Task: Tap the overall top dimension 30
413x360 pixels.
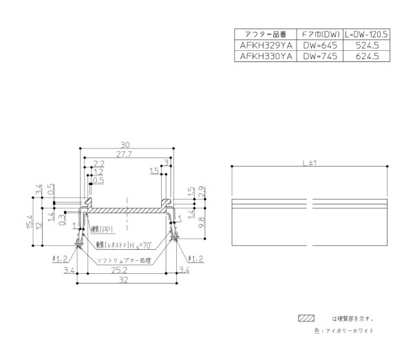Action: point(125,145)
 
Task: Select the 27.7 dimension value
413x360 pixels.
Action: point(125,156)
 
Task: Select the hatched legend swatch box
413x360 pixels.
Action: point(305,318)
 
